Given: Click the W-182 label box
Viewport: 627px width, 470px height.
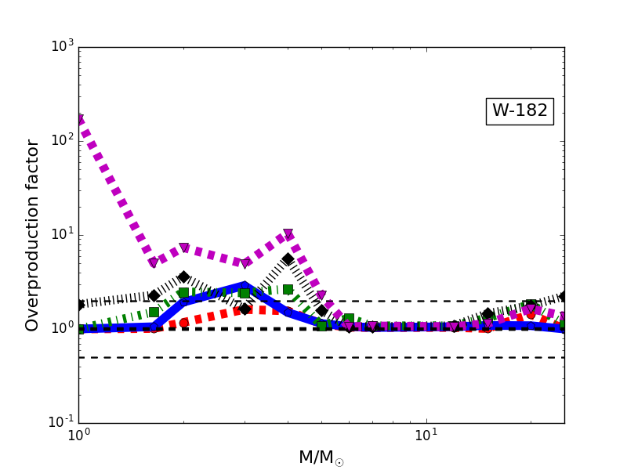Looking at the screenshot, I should [x=520, y=111].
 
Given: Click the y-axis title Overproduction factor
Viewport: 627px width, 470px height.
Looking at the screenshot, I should [x=32, y=235].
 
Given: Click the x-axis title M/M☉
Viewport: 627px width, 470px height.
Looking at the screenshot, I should [x=321, y=457].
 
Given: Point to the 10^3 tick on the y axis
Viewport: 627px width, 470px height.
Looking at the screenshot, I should [x=63, y=46].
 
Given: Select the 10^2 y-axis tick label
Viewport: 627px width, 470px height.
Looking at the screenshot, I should [x=63, y=140].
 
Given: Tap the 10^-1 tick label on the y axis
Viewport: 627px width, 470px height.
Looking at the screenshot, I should [x=63, y=422].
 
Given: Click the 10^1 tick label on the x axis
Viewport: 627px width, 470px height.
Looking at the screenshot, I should [x=426, y=435].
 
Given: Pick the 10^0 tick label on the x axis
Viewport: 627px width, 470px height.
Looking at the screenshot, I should [x=78, y=435].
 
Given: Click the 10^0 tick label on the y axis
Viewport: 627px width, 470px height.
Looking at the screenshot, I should [x=63, y=328].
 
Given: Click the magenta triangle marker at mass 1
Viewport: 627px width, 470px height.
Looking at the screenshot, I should [x=79, y=120].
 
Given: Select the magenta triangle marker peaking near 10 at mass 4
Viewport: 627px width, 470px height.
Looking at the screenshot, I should [x=288, y=234].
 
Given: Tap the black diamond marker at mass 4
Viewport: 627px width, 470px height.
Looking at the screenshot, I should [x=288, y=259].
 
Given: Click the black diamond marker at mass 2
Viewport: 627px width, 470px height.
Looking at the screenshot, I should [x=183, y=277].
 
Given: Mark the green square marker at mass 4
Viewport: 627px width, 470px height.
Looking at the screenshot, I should [x=288, y=289].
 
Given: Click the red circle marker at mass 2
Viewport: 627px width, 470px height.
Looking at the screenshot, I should [x=183, y=323].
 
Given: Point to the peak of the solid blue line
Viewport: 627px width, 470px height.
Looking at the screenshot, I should [x=245, y=287].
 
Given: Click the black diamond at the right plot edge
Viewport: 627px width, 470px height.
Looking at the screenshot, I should [x=563, y=296].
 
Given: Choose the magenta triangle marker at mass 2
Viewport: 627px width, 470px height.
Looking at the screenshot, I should [x=183, y=248].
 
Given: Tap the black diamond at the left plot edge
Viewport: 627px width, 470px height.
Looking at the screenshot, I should [x=79, y=304].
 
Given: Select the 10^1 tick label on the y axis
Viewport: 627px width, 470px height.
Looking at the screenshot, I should [x=63, y=234].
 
